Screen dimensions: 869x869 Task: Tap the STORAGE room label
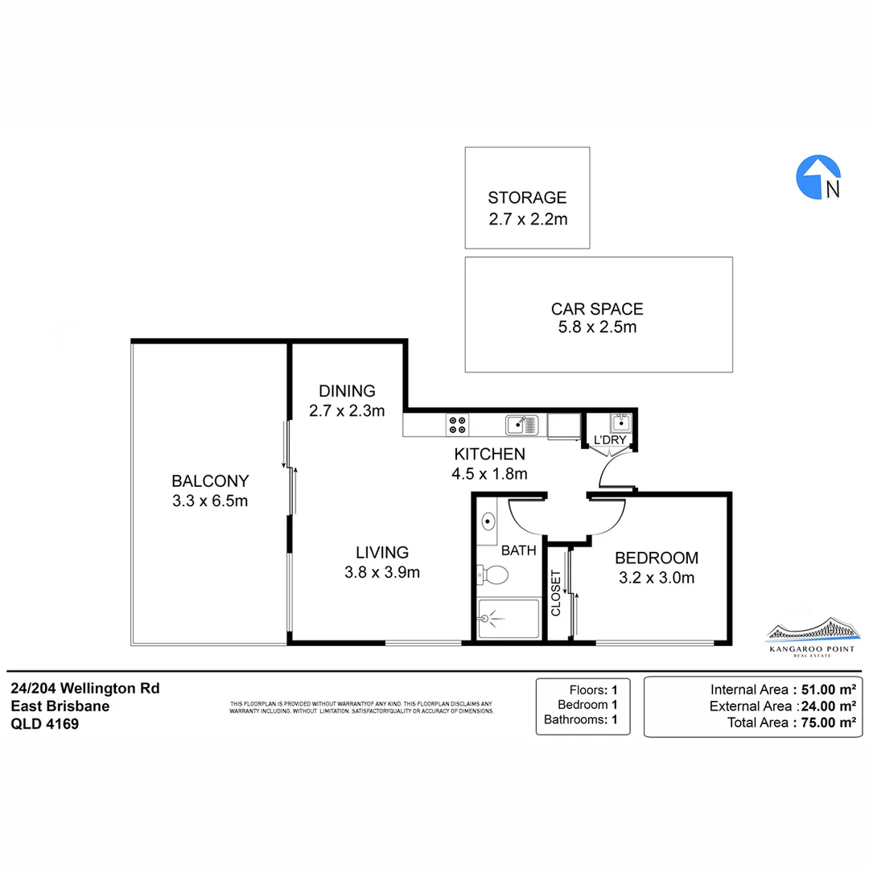click(527, 197)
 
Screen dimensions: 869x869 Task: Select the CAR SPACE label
click(597, 308)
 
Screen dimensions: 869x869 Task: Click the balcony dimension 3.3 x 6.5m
click(210, 501)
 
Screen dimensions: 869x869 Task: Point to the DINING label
click(347, 391)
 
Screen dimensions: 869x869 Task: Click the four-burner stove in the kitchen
click(458, 424)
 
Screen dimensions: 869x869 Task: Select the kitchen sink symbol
click(521, 424)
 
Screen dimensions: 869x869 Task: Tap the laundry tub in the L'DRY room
click(620, 422)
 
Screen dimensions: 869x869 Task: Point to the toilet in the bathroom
click(492, 575)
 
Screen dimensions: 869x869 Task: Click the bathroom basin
click(488, 521)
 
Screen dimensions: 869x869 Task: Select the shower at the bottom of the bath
click(509, 619)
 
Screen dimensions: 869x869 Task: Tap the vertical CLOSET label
click(556, 593)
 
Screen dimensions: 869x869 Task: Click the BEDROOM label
click(656, 558)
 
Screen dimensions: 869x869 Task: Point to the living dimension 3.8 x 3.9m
click(382, 573)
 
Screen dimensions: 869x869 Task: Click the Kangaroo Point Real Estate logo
click(810, 637)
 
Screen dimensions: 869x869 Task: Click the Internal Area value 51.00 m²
click(825, 689)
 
